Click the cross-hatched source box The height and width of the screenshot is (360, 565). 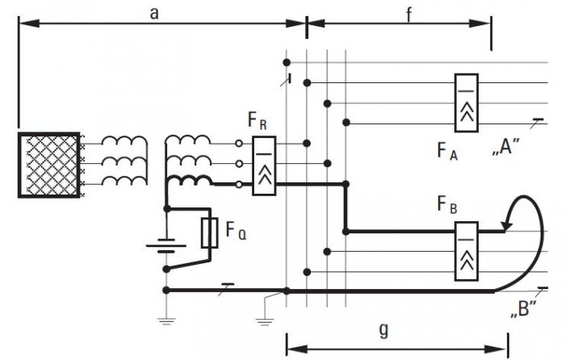tap(49, 165)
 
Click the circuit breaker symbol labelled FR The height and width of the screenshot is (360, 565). tap(264, 165)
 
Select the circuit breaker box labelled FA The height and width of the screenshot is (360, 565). tap(467, 103)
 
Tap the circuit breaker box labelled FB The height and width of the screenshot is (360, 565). tap(467, 251)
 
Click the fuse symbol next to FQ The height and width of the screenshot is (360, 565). tap(209, 232)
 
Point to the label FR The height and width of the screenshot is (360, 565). tap(257, 120)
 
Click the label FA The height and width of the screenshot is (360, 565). tap(447, 151)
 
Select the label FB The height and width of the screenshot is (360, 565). tap(447, 204)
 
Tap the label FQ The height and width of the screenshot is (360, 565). tap(236, 230)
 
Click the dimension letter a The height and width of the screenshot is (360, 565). tap(154, 14)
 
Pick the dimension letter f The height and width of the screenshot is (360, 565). tap(408, 15)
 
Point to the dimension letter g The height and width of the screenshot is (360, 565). tap(384, 329)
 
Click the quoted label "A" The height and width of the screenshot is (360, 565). tap(506, 148)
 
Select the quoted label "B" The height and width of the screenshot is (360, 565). tap(523, 309)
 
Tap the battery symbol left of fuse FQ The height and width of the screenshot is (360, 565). tap(166, 245)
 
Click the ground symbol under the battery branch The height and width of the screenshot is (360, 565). tap(166, 321)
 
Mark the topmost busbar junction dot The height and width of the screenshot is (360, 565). tap(287, 63)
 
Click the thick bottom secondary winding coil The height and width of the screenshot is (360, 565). tap(189, 180)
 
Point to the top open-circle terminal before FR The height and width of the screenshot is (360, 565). tap(239, 144)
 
